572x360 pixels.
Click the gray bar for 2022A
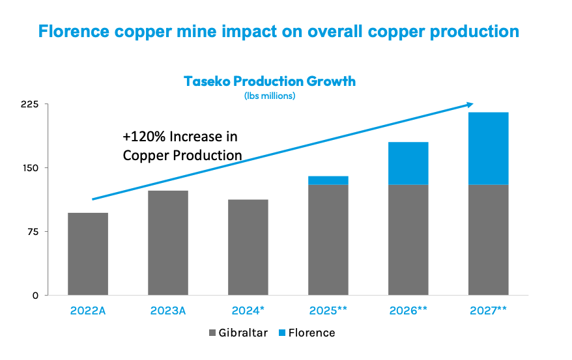88,254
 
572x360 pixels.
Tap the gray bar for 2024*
248,247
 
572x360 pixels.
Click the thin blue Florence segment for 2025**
328,180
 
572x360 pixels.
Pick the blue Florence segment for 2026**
408,163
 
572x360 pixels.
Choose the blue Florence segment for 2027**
489,148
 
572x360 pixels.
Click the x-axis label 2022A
88,311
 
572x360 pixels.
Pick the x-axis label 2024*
248,311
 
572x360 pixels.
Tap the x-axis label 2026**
408,311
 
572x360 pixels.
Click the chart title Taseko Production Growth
270,81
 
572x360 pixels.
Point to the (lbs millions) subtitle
270,96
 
